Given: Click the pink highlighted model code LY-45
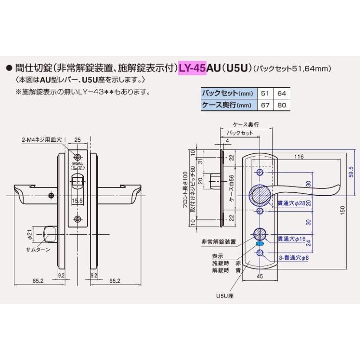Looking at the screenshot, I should click(x=192, y=68).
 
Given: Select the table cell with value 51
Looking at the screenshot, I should click(x=265, y=93).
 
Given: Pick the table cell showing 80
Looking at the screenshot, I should click(x=282, y=105).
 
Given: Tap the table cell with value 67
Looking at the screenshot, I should click(x=265, y=105).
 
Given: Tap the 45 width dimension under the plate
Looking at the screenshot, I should click(x=260, y=275).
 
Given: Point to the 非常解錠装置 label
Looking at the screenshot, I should click(x=219, y=242).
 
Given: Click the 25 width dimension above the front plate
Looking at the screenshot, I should click(x=77, y=140).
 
